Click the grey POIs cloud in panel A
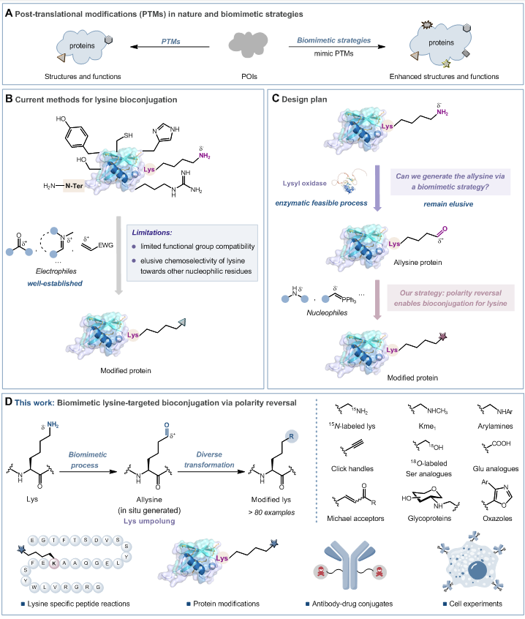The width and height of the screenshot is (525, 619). [255, 46]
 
